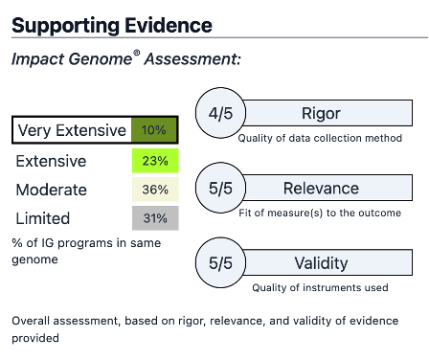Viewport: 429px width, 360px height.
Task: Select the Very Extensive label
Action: click(x=72, y=130)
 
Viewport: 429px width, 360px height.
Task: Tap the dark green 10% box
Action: click(x=153, y=130)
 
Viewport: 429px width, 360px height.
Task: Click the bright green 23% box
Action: click(x=153, y=161)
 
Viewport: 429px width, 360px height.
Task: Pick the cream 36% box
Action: click(x=153, y=190)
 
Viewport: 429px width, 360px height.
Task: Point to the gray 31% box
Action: click(x=153, y=218)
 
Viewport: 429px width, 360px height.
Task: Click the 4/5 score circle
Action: click(x=220, y=114)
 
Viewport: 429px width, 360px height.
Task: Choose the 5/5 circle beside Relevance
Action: click(x=220, y=188)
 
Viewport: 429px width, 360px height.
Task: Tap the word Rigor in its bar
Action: click(x=322, y=114)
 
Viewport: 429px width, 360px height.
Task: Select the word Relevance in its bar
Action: click(x=322, y=188)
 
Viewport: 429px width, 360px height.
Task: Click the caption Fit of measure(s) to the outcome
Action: click(x=321, y=214)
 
